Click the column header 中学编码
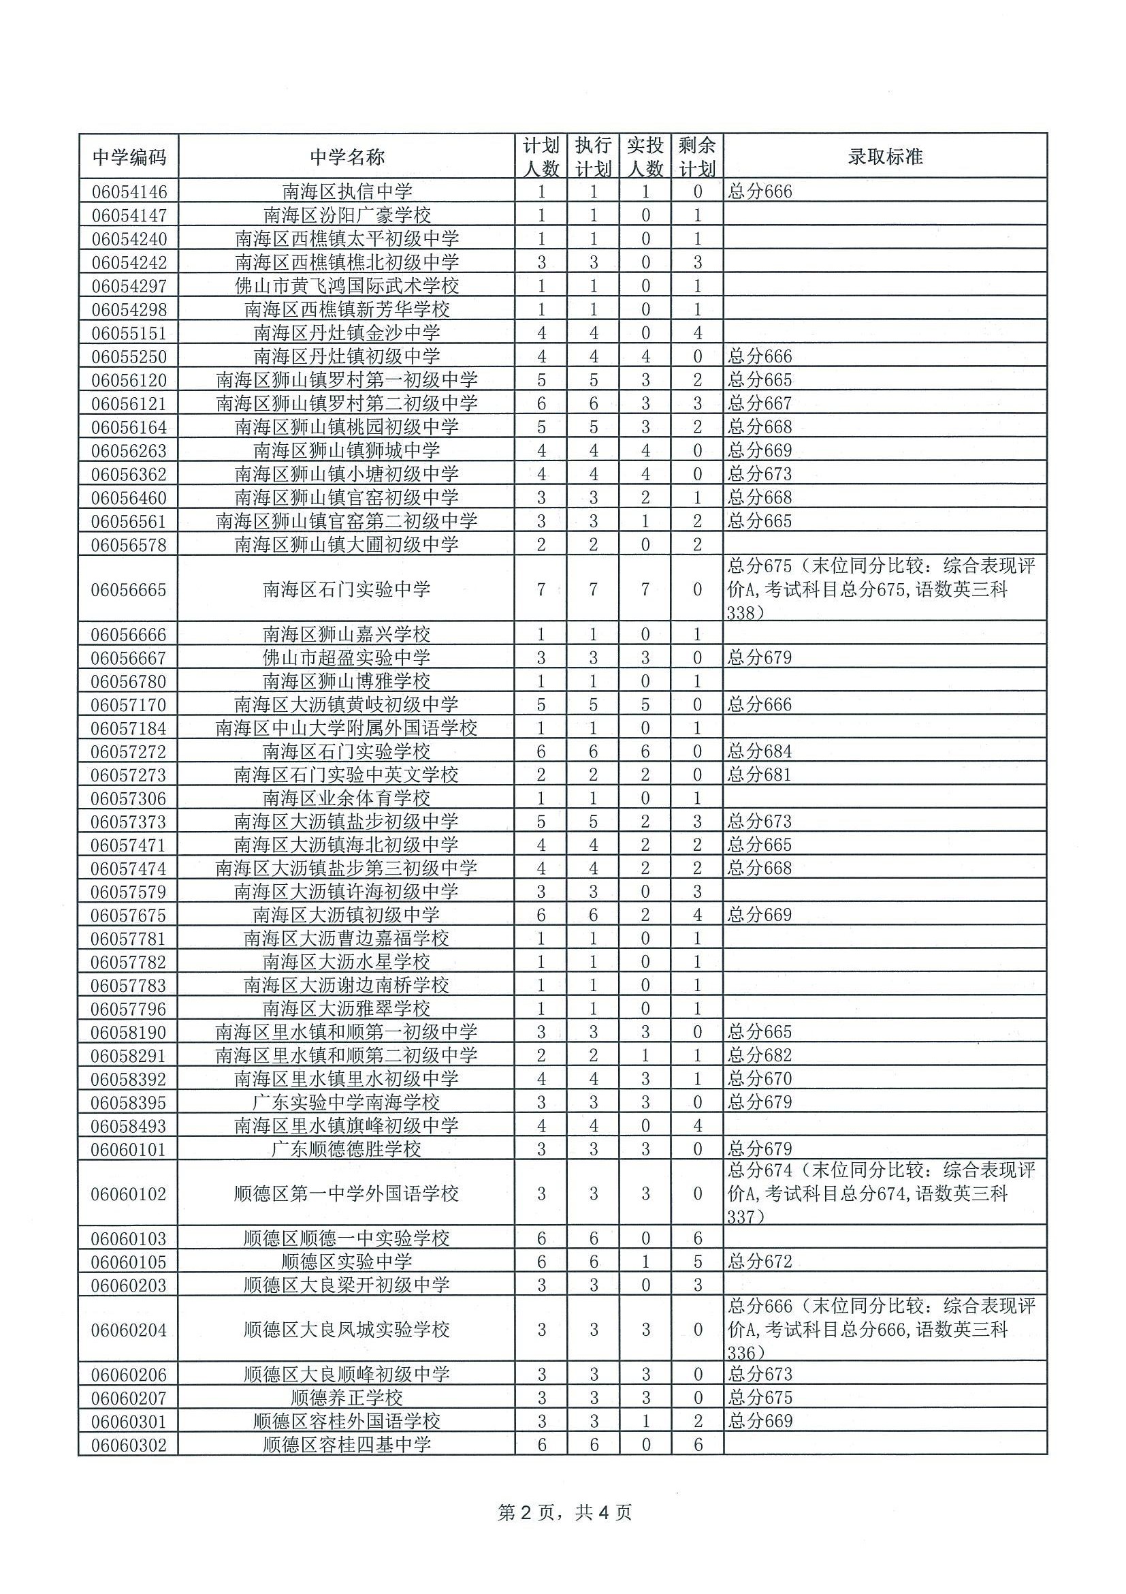click(129, 157)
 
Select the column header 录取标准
click(884, 157)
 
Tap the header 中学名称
click(347, 157)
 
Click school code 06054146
click(129, 191)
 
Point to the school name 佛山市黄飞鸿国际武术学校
click(347, 285)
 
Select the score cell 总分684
click(760, 751)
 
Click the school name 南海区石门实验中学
click(347, 589)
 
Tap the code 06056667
click(129, 657)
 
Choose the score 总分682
click(760, 1055)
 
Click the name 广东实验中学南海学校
click(347, 1102)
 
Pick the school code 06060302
click(129, 1445)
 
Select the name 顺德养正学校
click(347, 1398)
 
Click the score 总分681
click(760, 775)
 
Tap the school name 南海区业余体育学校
click(347, 798)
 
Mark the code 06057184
click(129, 728)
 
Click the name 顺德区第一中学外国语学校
click(347, 1193)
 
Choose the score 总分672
click(760, 1262)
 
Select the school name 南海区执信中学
click(347, 191)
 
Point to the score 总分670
click(760, 1079)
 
